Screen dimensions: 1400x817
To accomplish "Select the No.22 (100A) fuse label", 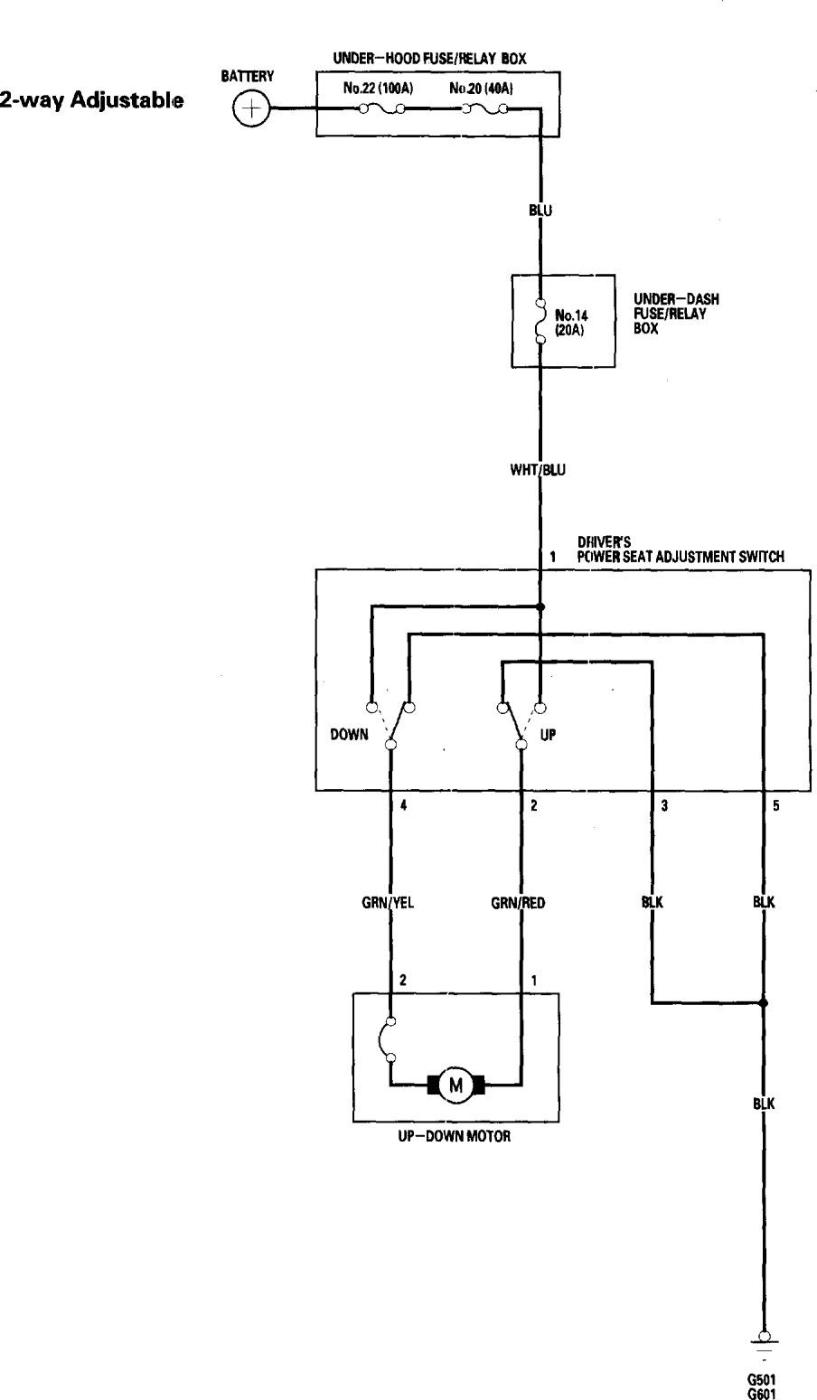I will click(378, 89).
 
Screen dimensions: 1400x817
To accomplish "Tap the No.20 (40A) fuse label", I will click(482, 89).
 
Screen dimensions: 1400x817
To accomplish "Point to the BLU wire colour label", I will click(541, 211).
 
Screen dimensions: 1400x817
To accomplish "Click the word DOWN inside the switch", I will click(349, 735).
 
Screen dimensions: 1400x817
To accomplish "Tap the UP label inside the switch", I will click(548, 735).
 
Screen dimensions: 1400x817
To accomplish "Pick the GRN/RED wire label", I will click(518, 902).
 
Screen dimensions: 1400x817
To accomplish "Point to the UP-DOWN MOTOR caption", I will click(455, 1136).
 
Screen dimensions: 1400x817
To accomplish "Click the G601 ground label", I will click(764, 1393).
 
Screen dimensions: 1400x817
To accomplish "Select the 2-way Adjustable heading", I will click(92, 100).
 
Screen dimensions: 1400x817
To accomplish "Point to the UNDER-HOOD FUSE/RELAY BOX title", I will click(429, 59).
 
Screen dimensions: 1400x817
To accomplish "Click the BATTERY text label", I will click(248, 77).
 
